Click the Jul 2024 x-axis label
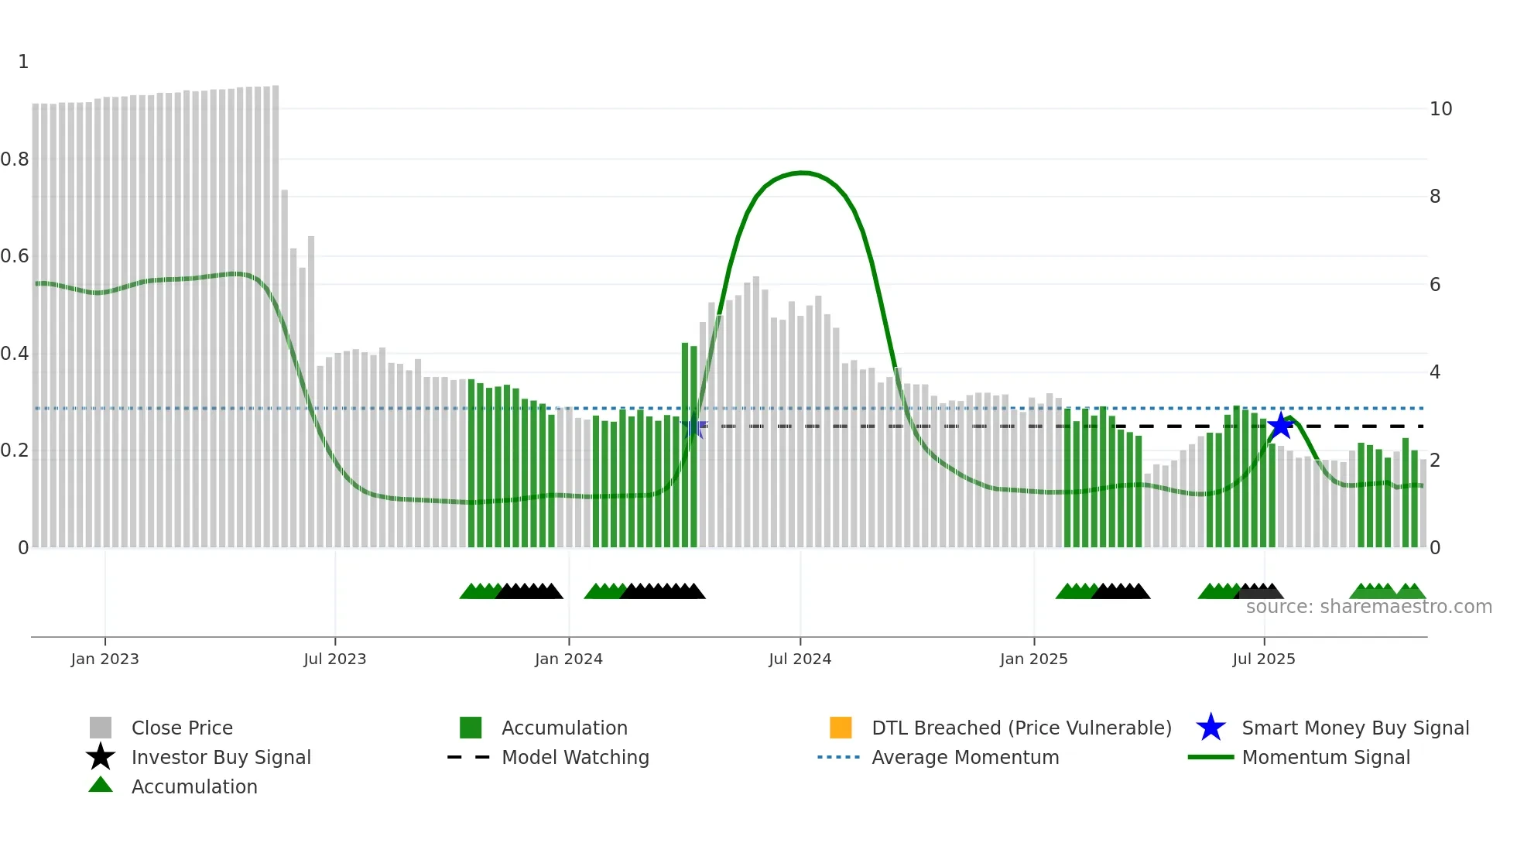coord(800,659)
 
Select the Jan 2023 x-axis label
coord(104,659)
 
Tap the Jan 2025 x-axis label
coord(1033,659)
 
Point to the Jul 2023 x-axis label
coord(334,659)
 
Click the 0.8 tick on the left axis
coord(15,159)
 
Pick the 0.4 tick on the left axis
coord(15,354)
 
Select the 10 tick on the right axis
coord(1440,109)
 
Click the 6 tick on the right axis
coord(1435,285)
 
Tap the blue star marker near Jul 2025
coord(1281,426)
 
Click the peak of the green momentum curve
coord(802,172)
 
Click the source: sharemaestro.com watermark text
coord(1368,607)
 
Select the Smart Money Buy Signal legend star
coord(1211,728)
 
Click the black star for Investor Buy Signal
coord(101,757)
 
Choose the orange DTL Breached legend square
coord(841,728)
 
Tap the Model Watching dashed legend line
coord(469,757)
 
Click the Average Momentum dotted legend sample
coord(839,757)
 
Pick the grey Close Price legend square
coord(101,728)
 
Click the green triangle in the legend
coord(101,785)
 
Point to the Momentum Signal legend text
coord(1326,757)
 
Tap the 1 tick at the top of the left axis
coord(23,62)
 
